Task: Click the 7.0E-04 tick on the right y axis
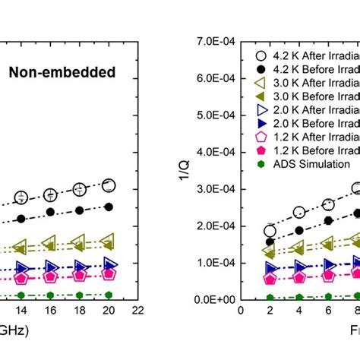[215, 41]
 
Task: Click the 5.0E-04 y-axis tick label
[215, 115]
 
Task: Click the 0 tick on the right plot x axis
[241, 311]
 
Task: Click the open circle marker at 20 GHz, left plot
[109, 185]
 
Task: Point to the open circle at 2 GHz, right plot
[270, 232]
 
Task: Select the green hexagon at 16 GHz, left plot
[50, 295]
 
